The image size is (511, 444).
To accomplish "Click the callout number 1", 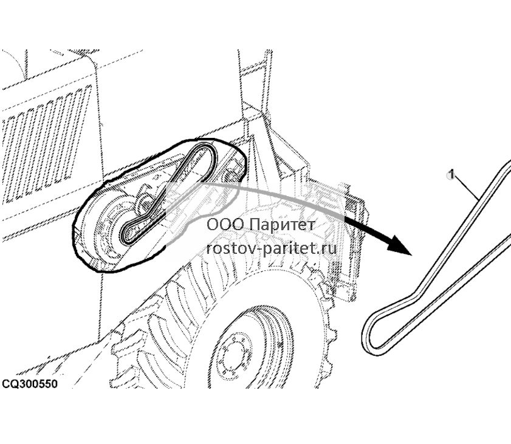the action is point(451,174).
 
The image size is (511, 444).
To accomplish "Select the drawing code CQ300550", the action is point(30,383).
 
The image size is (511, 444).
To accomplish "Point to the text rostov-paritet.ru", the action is point(272,249).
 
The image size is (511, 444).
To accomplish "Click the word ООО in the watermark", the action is point(225,225).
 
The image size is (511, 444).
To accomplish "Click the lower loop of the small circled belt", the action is point(131,233).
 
